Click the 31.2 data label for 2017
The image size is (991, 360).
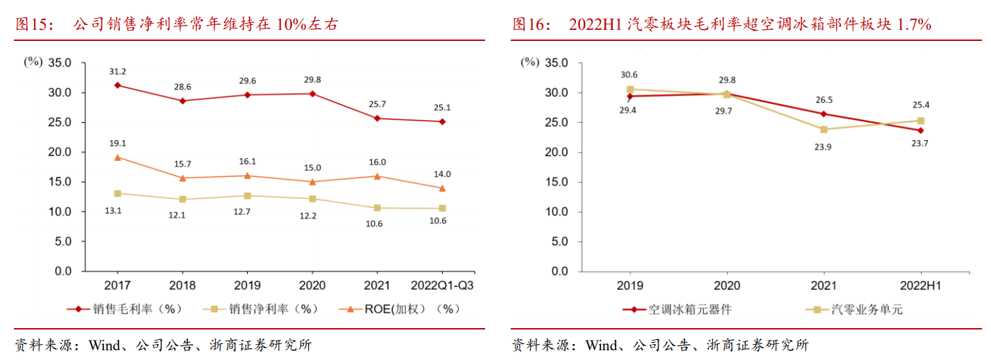coord(117,71)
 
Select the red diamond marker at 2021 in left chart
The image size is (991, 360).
coord(377,118)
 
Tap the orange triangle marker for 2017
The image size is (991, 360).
coord(117,157)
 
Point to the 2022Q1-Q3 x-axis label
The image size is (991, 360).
coord(443,285)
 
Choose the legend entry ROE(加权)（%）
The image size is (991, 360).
coord(403,309)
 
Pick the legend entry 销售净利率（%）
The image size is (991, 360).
coord(264,309)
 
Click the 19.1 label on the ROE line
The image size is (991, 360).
coord(117,143)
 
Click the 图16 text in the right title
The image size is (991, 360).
coord(532,24)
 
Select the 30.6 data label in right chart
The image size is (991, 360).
coord(629,75)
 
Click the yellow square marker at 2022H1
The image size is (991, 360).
coord(921,121)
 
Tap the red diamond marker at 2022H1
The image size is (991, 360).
coord(921,130)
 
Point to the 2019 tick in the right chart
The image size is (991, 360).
coord(629,285)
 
